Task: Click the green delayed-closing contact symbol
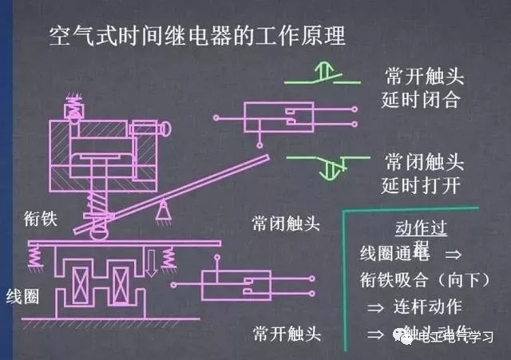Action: [x=327, y=77]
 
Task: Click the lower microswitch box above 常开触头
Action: [x=232, y=284]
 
